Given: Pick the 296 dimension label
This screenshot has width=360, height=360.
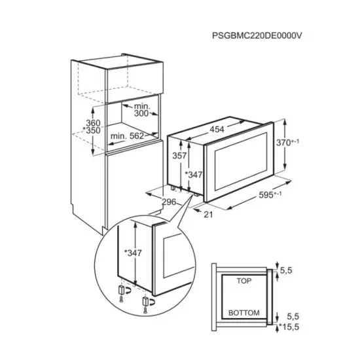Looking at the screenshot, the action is pyautogui.click(x=170, y=202).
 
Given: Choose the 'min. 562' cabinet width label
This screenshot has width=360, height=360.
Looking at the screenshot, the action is pyautogui.click(x=128, y=135).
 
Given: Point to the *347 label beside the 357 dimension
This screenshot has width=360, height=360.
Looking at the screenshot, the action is pyautogui.click(x=194, y=174).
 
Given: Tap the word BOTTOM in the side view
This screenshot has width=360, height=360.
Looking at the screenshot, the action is pyautogui.click(x=244, y=312).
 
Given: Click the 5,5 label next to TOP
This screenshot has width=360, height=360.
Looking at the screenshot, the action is pyautogui.click(x=286, y=269).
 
